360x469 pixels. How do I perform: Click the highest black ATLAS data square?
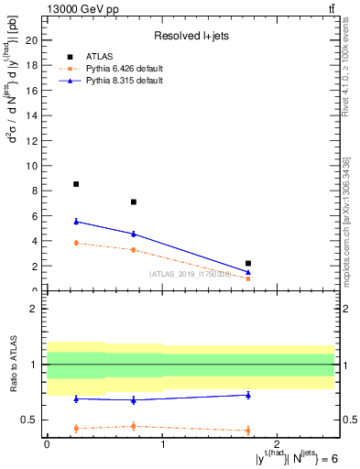point(76,184)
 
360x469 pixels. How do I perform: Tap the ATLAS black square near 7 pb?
point(134,202)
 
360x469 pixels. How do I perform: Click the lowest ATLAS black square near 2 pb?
point(248,263)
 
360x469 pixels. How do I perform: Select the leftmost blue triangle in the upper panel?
point(76,221)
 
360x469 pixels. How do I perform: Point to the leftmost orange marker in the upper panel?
point(76,243)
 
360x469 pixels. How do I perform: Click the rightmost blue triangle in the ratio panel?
point(248,395)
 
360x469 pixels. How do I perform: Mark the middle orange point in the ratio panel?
point(134,426)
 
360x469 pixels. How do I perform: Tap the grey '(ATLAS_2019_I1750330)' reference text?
point(190,274)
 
